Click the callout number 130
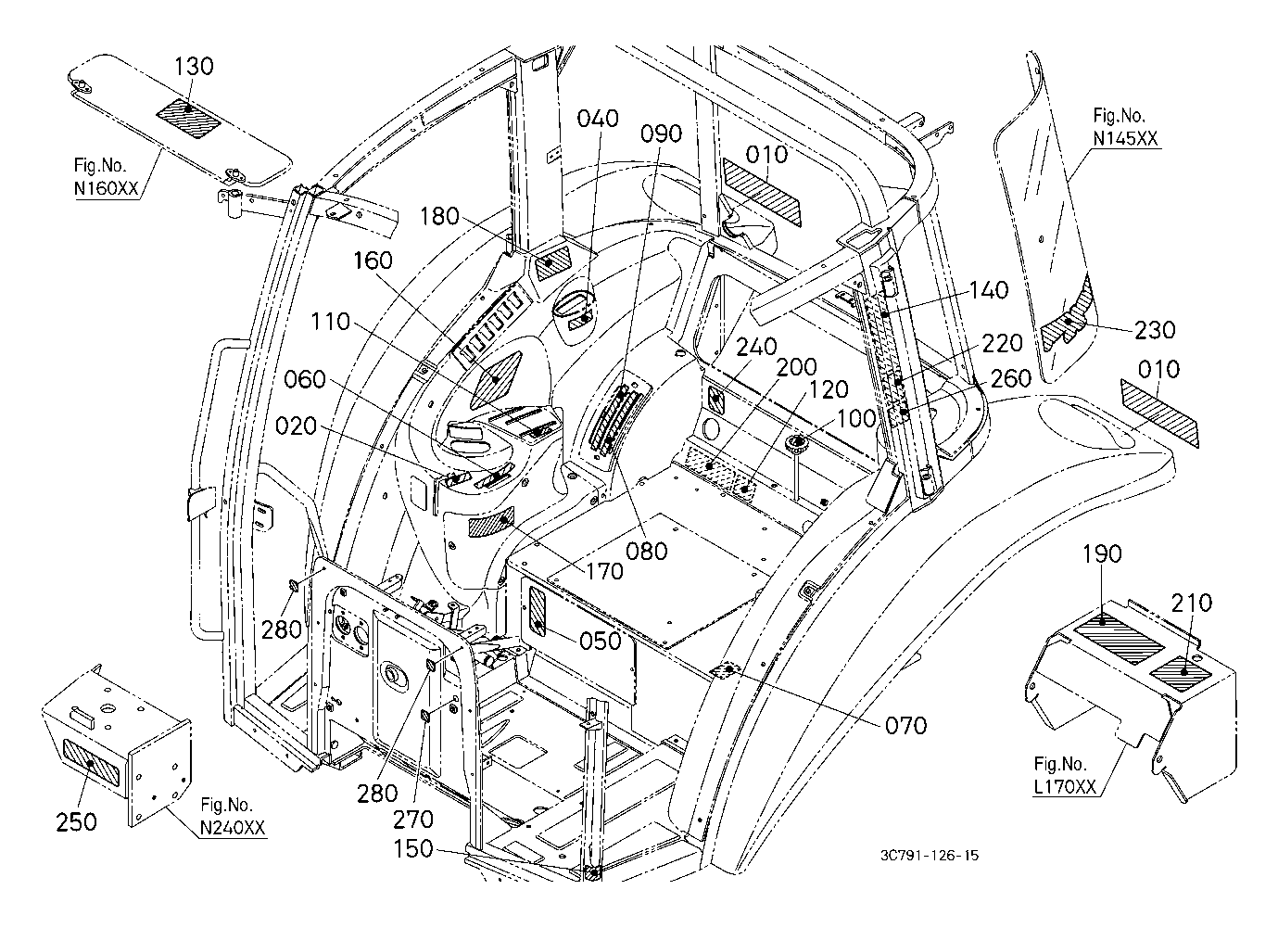point(194,66)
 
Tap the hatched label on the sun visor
point(189,118)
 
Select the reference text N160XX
point(107,188)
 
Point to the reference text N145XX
point(1125,139)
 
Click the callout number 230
point(1155,330)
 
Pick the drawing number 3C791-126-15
point(930,856)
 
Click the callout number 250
point(76,821)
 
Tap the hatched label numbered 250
point(90,761)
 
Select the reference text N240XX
point(233,828)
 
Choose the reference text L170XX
point(1065,787)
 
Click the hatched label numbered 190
point(1119,640)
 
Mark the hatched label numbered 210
point(1181,674)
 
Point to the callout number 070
point(906,726)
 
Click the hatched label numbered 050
point(538,612)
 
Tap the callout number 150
point(413,849)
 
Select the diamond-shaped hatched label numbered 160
point(496,380)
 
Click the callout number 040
point(598,119)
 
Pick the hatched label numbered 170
point(491,521)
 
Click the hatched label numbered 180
point(552,263)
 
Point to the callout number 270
point(413,820)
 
